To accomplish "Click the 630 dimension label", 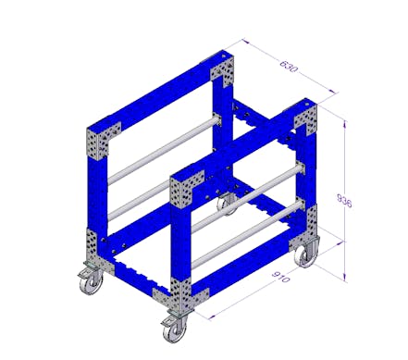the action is pyautogui.click(x=289, y=67).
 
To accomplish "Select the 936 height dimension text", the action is pyautogui.click(x=344, y=201).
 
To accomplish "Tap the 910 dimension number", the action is pyautogui.click(x=281, y=277).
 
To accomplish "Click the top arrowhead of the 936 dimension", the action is pyautogui.click(x=345, y=125).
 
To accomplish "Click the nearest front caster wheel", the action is pyautogui.click(x=175, y=329).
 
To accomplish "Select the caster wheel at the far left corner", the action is pyautogui.click(x=92, y=280).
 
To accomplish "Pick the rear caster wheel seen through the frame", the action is pyautogui.click(x=227, y=205).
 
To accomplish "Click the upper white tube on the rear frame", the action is pyautogui.click(x=164, y=150).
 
